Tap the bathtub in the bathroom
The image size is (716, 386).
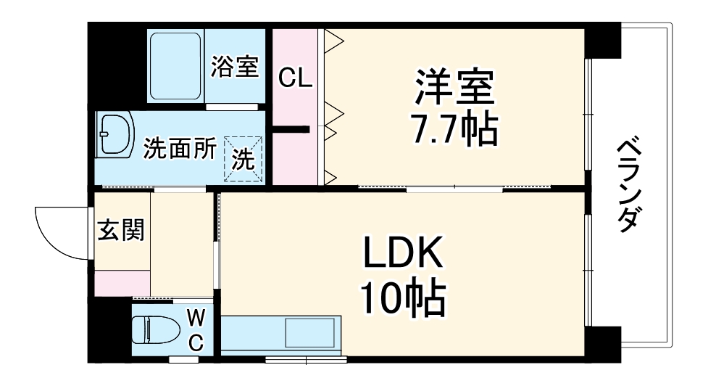(176, 66)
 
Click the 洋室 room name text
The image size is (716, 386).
(454, 88)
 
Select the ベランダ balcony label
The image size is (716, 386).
(629, 186)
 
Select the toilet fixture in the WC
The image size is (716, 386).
(156, 329)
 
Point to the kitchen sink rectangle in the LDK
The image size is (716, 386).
(310, 334)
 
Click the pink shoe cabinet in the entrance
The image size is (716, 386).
(122, 282)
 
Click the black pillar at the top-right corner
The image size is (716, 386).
(603, 41)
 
